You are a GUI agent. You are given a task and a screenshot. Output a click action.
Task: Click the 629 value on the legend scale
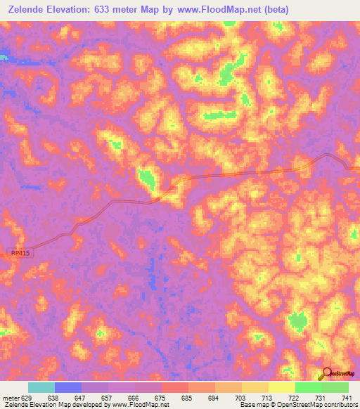pos(27,397)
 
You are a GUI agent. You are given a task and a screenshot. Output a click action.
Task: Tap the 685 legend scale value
pos(187,397)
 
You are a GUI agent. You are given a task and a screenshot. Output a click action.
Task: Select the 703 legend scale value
pos(240,397)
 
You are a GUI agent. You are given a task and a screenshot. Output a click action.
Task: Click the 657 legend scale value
pos(107,397)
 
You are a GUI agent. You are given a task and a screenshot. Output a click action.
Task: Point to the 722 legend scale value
pos(294,397)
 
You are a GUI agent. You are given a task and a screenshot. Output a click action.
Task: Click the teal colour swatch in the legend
pos(41,387)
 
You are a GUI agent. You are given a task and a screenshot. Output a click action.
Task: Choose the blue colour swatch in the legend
pos(68,387)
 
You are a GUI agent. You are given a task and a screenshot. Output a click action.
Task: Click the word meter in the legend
pos(9,397)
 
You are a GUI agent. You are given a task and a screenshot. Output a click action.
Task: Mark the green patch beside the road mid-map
pos(148,179)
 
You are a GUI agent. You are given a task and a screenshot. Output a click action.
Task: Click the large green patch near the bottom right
pos(299,322)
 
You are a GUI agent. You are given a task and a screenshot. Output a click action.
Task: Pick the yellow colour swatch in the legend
pos(255,387)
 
